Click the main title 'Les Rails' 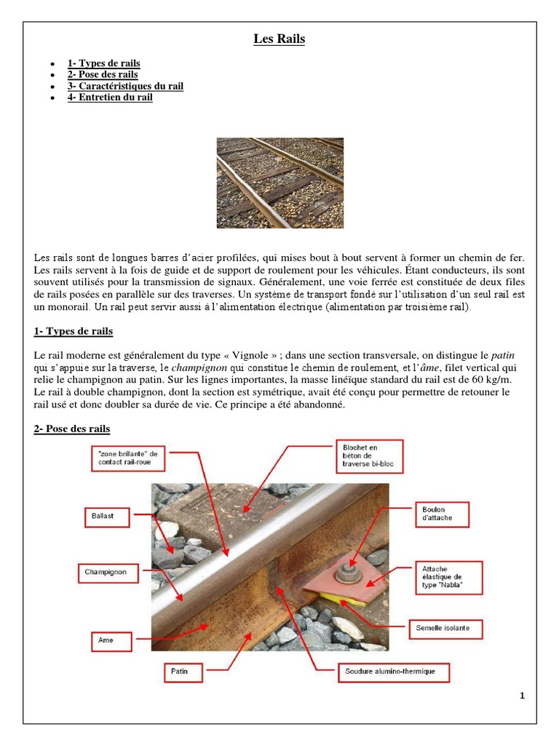click(x=279, y=39)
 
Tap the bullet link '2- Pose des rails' click(x=103, y=74)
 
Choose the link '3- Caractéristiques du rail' click(x=125, y=86)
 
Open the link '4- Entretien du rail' click(x=110, y=97)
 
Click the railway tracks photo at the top click(x=279, y=183)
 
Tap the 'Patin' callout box click(x=180, y=671)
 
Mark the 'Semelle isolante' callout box click(x=443, y=626)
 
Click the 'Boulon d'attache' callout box click(x=442, y=514)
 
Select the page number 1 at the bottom click(x=522, y=696)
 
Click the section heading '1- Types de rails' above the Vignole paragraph click(x=74, y=332)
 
